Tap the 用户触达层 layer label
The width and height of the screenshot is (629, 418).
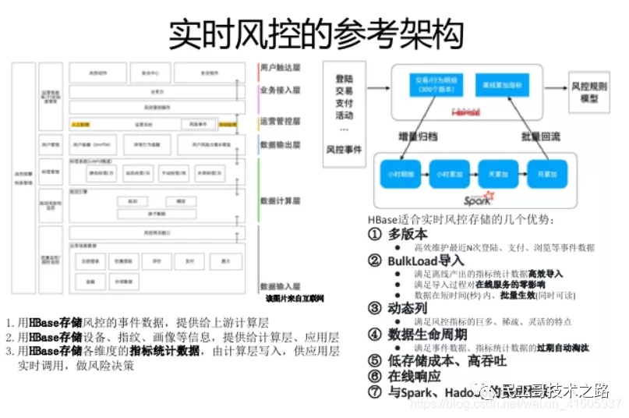pyautogui.click(x=281, y=69)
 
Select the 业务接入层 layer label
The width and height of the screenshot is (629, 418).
pyautogui.click(x=281, y=90)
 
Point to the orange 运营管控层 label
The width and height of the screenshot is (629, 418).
pyautogui.click(x=281, y=122)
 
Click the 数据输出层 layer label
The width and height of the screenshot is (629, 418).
pyautogui.click(x=281, y=144)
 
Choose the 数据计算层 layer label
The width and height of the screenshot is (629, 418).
pyautogui.click(x=281, y=200)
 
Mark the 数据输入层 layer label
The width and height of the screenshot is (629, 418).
pyautogui.click(x=281, y=287)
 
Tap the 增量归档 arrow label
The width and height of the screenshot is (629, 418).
pyautogui.click(x=420, y=135)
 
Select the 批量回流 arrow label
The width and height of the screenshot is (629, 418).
pyautogui.click(x=539, y=136)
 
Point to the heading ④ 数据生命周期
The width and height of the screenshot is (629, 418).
pyautogui.click(x=418, y=334)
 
